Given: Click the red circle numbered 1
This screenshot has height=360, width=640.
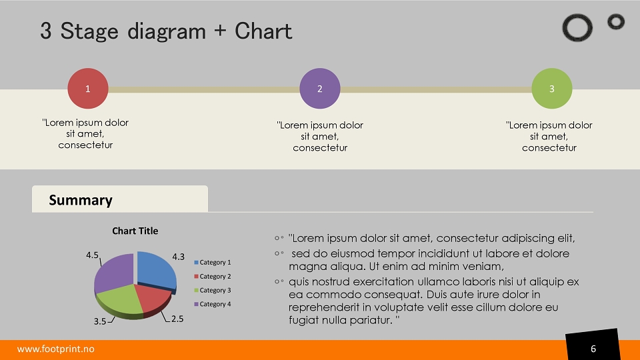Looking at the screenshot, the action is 88,89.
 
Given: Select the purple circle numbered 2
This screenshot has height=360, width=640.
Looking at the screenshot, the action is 320,89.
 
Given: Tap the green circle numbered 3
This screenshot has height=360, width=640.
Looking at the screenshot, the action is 552,89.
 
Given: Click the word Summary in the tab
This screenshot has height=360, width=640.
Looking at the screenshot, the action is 81,200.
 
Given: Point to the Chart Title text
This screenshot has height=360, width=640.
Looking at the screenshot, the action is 135,231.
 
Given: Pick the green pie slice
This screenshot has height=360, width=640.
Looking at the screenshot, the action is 119,301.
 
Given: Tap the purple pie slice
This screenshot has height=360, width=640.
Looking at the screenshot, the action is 114,272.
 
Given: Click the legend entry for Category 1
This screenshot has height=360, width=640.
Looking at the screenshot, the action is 212,263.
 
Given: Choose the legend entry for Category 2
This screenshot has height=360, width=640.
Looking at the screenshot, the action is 212,276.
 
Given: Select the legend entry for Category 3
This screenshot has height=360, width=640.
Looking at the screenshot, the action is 212,290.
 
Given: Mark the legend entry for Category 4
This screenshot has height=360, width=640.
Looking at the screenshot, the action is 212,304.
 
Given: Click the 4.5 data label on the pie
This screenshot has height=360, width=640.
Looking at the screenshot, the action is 92,255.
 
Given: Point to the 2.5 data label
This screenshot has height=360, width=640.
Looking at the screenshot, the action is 177,319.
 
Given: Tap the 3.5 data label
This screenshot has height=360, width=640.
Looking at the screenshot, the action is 100,321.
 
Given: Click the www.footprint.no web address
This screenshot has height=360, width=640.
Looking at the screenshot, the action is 55,349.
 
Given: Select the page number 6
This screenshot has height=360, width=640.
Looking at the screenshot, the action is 593,349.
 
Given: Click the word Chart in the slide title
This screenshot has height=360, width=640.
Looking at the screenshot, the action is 263,31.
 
